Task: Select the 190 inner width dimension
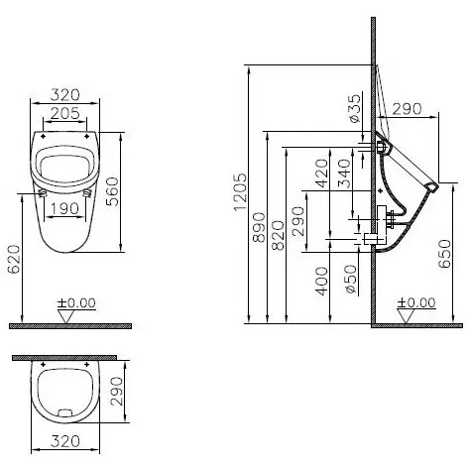pyautogui.click(x=64, y=209)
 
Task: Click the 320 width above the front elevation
pyautogui.click(x=64, y=96)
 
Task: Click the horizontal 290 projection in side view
pyautogui.click(x=408, y=109)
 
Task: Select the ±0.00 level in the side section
pyautogui.click(x=414, y=302)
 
